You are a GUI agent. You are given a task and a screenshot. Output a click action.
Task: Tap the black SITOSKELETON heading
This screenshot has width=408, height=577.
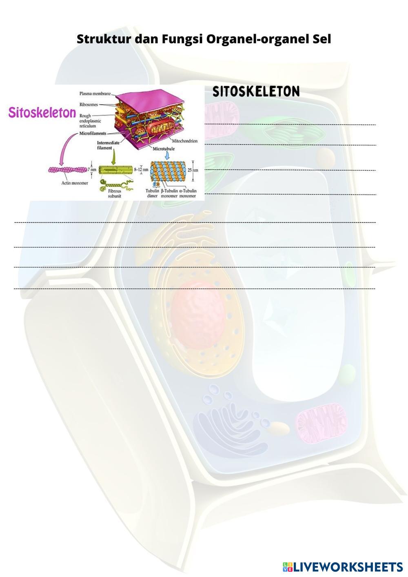256,92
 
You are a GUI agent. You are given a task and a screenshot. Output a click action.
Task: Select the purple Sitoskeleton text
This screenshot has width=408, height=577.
42,113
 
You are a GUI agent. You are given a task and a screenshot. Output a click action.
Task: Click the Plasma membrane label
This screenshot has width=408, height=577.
95,93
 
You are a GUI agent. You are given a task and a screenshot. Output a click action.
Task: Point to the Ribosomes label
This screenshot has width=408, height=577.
89,104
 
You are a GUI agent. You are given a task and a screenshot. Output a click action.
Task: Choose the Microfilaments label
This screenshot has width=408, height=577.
93,133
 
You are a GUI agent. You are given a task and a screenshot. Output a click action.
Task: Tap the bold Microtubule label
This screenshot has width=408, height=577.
164,149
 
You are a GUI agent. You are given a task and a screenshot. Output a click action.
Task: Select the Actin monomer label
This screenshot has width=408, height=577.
75,183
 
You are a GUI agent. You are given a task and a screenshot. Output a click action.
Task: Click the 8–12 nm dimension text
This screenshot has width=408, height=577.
141,169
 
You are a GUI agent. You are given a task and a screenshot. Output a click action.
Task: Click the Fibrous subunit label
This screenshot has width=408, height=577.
115,193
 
